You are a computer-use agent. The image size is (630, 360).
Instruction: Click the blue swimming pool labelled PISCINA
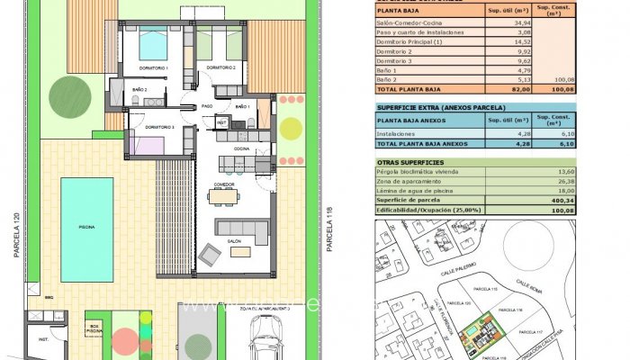pos(86,229)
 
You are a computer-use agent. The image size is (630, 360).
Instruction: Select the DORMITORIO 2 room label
pos(220,68)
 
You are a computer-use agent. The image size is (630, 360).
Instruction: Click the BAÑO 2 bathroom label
pos(140,90)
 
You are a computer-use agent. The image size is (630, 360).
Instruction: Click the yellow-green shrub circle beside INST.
pos(291,128)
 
